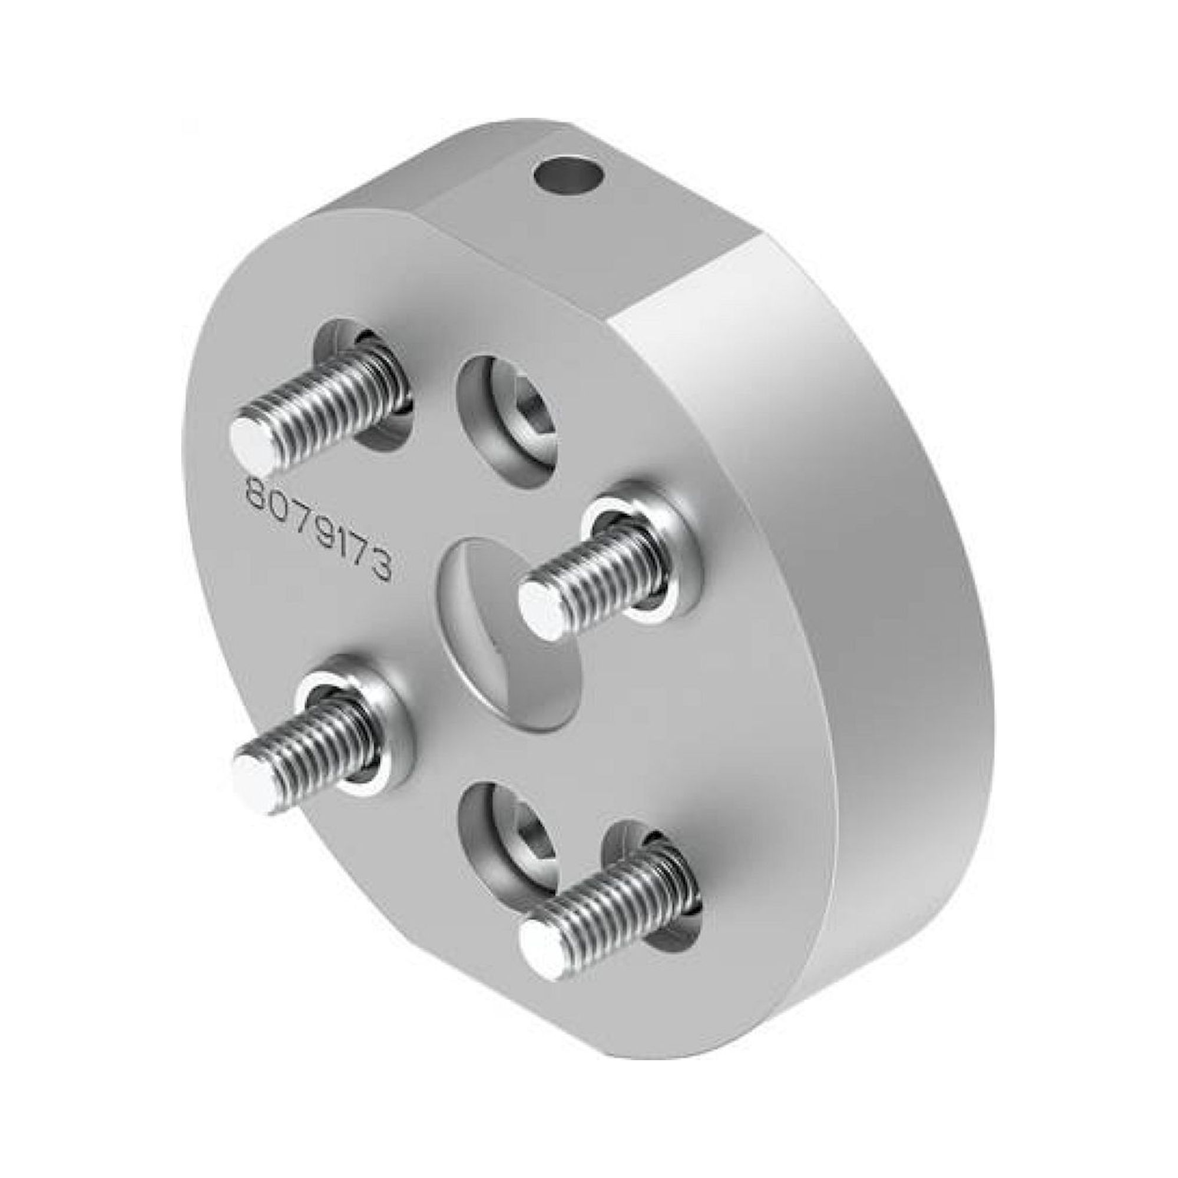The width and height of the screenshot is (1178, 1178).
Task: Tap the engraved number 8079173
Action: (x=317, y=530)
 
